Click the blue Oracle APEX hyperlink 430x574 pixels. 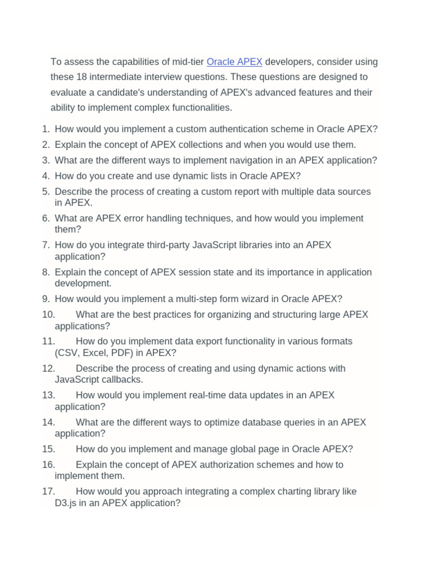click(x=234, y=62)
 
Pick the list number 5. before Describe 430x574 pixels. click(x=46, y=192)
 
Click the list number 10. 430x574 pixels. click(x=48, y=314)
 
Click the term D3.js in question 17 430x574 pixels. click(x=67, y=503)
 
